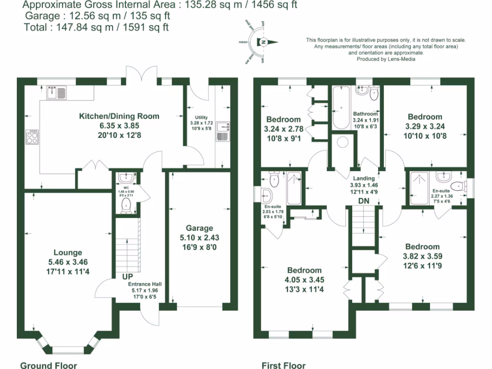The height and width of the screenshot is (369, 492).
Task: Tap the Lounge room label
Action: pos(67,253)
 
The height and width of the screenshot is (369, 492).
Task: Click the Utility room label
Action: pos(201,117)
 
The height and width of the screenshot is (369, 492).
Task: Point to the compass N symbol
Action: pos(263,42)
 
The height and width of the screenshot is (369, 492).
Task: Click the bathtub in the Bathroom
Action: pos(341,107)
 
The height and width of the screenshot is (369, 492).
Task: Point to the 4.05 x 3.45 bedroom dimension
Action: pos(305,280)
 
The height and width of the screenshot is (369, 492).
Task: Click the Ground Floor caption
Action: pos(48,366)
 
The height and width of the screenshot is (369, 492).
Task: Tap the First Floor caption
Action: pos(283,366)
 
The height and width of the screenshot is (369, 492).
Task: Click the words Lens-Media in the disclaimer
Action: pos(402,59)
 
